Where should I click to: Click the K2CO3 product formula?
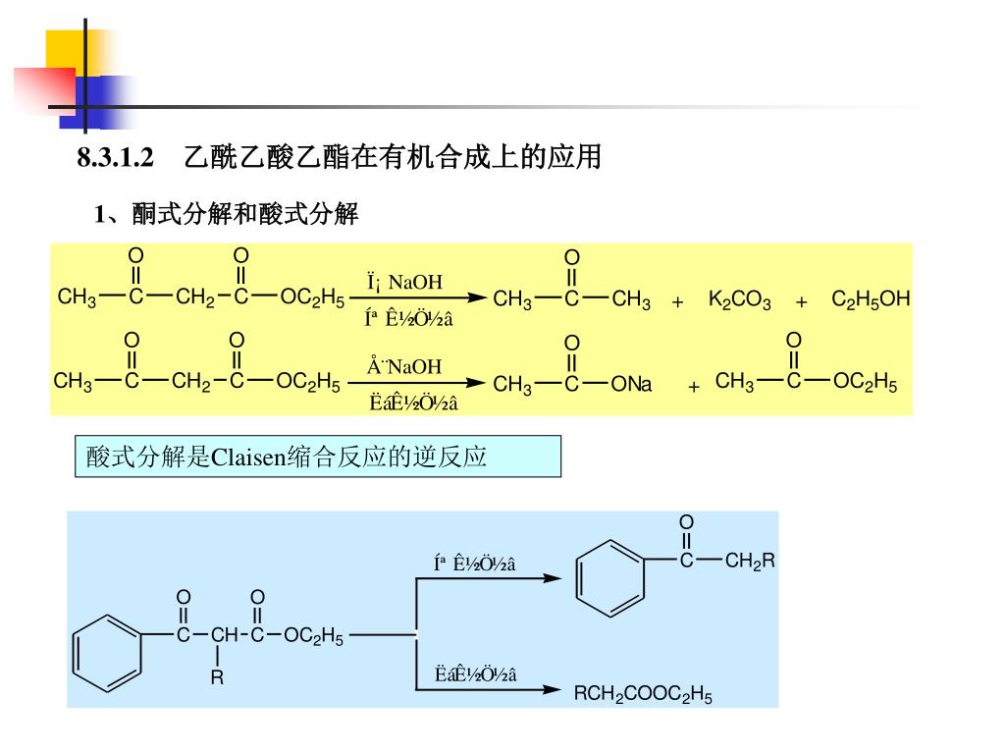pos(739,299)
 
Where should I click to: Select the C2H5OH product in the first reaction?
pos(871,298)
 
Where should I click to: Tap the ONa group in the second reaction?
pos(631,385)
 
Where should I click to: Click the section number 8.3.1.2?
pos(117,157)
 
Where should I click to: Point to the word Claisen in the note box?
pos(248,457)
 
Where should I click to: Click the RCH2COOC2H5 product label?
pos(643,695)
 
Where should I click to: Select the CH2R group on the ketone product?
pos(750,562)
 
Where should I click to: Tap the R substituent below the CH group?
pos(217,677)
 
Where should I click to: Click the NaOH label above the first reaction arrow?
pos(415,283)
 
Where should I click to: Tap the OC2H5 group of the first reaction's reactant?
pos(312,297)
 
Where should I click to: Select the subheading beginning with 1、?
pos(227,214)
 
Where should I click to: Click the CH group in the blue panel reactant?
pos(224,635)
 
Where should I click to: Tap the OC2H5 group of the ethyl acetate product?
pos(865,381)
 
